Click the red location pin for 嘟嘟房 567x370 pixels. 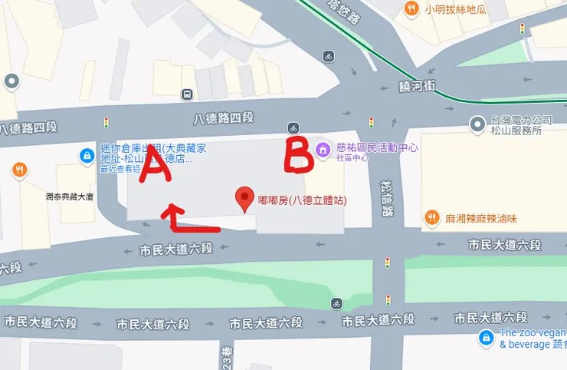click(x=244, y=199)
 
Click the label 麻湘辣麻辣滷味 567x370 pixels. click(x=481, y=218)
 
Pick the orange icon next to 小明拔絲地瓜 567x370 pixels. click(x=412, y=8)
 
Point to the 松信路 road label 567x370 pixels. click(x=386, y=200)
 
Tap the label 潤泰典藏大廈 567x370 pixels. click(x=69, y=197)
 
